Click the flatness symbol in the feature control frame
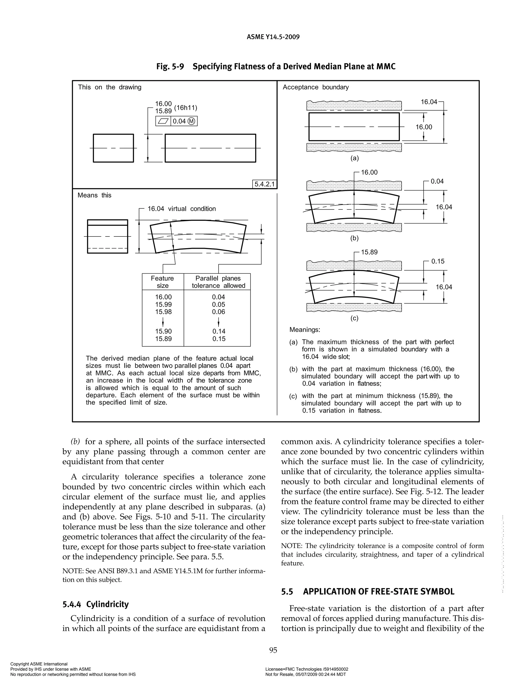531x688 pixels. (x=163, y=121)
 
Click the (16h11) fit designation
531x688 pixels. (x=186, y=108)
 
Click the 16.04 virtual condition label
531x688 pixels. (x=181, y=208)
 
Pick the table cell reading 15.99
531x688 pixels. (x=163, y=304)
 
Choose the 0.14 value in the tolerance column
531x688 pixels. (x=219, y=331)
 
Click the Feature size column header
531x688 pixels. (x=162, y=282)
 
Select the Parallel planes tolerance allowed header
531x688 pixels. (x=218, y=282)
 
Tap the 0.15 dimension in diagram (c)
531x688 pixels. (x=438, y=261)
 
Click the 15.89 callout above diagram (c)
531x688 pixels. (x=369, y=252)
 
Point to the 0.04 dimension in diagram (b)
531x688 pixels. (x=437, y=181)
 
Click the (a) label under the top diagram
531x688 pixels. (x=354, y=158)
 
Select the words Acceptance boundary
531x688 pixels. (x=316, y=87)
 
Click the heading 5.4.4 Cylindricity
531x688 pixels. (x=95, y=604)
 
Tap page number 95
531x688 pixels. (x=273, y=650)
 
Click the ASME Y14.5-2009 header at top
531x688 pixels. (x=273, y=37)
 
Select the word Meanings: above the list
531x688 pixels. (x=304, y=329)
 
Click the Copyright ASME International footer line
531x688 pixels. (x=39, y=664)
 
